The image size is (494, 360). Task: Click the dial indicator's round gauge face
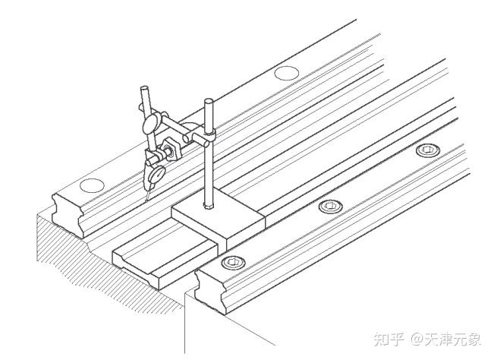point(157,173)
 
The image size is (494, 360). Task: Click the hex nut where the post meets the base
point(208,204)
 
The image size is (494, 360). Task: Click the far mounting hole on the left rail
point(286,73)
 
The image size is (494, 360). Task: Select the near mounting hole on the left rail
point(91,184)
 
